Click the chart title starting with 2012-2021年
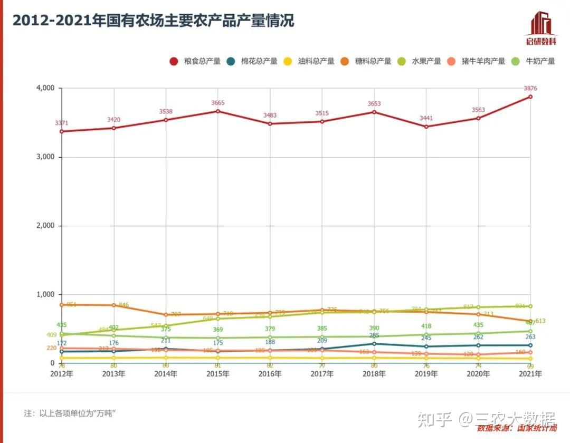(153, 21)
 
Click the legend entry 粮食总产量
(195, 61)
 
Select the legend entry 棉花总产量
(253, 61)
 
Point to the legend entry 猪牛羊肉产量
(477, 61)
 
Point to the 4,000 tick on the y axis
(45, 88)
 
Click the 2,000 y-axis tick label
(45, 226)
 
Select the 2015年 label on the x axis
(217, 374)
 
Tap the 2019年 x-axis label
(426, 374)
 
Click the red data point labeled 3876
(530, 97)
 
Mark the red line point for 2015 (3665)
(217, 111)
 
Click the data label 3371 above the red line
(62, 123)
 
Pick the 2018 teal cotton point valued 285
(374, 344)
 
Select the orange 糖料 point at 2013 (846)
(113, 305)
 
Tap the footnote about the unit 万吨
(70, 413)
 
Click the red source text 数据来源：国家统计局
(516, 428)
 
